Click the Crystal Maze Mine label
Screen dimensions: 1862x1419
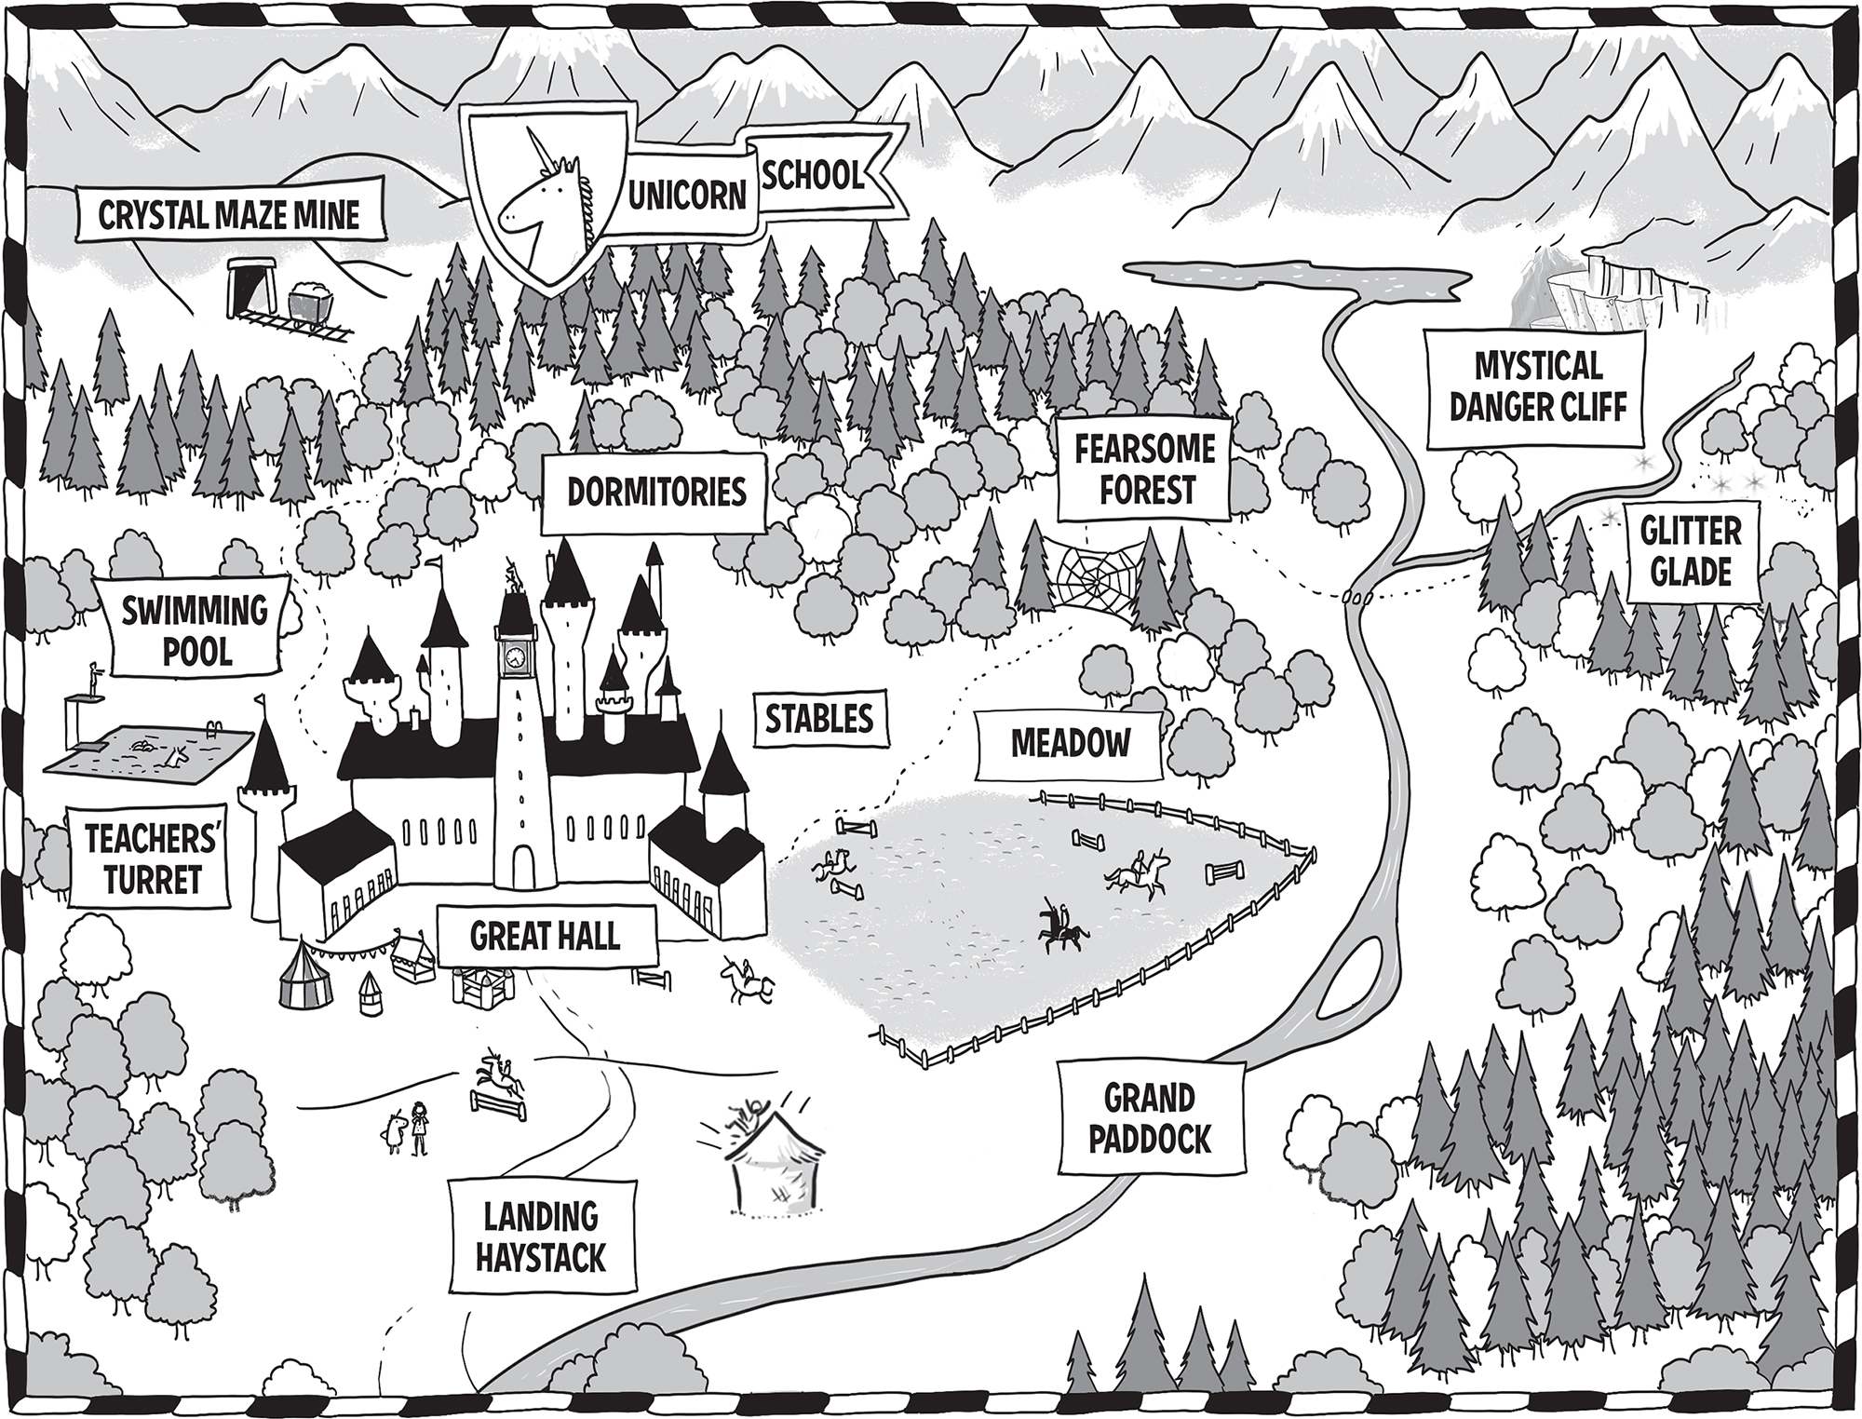click(229, 215)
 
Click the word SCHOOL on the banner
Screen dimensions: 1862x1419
click(813, 173)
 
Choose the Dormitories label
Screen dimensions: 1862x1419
click(656, 492)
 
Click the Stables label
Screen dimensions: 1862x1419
click(819, 719)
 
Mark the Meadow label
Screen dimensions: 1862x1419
click(1071, 744)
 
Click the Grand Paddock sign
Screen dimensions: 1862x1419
click(1151, 1119)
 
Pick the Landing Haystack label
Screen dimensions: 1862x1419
click(541, 1236)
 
